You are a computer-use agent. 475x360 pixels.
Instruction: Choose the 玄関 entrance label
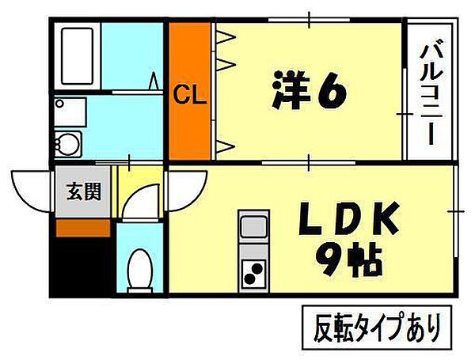pos(82,191)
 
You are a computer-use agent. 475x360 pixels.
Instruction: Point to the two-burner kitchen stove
pos(254,271)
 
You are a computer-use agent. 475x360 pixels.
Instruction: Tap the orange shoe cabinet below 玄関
pos(82,227)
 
